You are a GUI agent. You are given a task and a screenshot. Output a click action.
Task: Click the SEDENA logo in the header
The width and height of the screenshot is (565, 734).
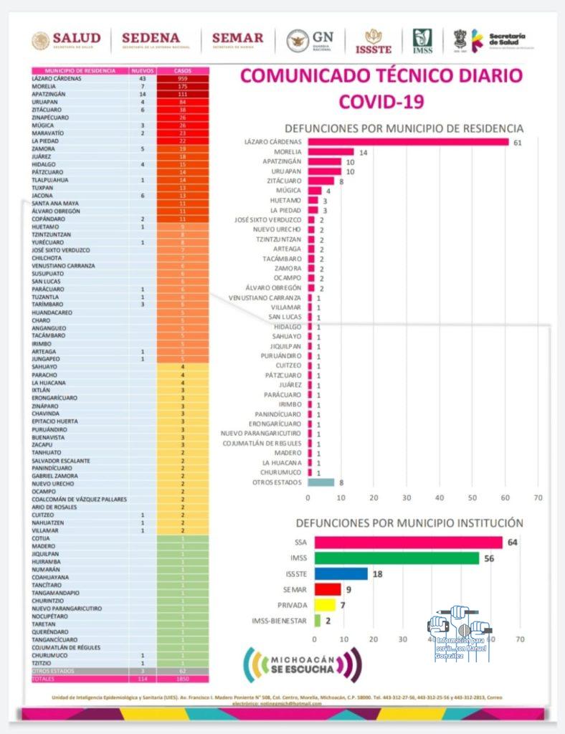(151, 40)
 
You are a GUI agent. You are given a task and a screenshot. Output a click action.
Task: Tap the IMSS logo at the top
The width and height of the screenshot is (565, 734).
(422, 41)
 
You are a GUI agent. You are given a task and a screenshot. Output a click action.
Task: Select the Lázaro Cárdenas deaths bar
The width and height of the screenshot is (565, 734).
(408, 142)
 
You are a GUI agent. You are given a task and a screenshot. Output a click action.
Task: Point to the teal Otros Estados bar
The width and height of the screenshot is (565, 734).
(321, 482)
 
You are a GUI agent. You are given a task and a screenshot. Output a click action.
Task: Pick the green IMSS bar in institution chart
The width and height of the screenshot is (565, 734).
(397, 558)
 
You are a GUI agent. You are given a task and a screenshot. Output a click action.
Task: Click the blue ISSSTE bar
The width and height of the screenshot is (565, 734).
(341, 573)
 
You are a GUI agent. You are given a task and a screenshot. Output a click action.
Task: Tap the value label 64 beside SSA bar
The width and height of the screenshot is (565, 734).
(512, 542)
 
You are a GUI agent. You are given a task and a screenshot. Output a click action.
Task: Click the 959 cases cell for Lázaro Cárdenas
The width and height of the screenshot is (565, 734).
(183, 79)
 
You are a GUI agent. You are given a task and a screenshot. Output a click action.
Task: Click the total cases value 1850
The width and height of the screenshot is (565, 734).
(183, 678)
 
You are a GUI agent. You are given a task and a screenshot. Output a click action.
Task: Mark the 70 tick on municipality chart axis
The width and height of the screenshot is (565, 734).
(538, 497)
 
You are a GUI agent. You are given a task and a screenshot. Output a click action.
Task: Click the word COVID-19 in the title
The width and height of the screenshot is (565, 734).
(381, 101)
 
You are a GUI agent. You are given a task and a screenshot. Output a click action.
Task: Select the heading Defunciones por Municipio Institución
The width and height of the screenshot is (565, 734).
(409, 523)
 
